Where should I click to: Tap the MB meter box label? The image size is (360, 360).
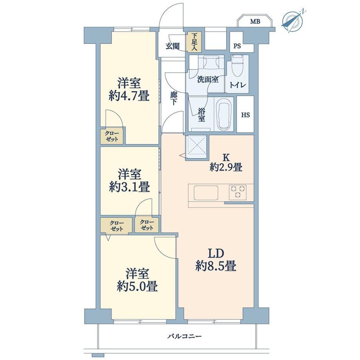coord(255,22)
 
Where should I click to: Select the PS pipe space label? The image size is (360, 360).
coord(237,46)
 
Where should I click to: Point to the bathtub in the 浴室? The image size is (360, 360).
coord(224,115)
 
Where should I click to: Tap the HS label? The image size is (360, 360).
coord(245,115)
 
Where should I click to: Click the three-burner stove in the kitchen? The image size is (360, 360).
coord(238,192)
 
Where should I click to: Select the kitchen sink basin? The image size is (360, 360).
coord(206,193)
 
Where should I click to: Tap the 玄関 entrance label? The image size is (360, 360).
coord(173,46)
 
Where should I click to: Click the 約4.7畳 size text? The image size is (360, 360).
coord(129,96)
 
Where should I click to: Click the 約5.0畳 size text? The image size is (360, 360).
coord(137,286)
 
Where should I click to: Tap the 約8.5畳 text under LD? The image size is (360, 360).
coord(216,266)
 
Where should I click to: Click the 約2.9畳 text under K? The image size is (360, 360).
coord(226,167)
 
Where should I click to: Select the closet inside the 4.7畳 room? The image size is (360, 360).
coord(112,137)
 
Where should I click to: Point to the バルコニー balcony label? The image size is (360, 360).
coord(184,337)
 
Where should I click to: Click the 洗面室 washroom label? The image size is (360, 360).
coord(208,79)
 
